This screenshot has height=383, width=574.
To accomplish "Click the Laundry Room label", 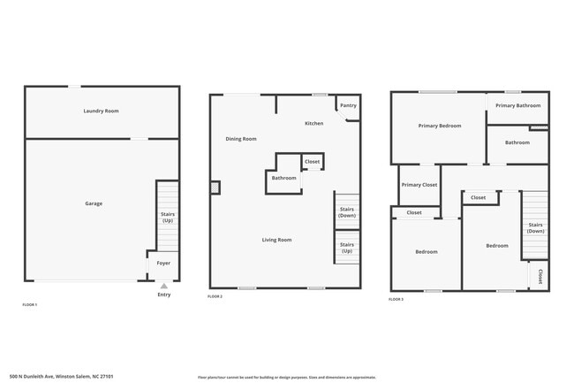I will (101, 111).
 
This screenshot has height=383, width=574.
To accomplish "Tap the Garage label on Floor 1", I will (94, 203).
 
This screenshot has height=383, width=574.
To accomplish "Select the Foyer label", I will (163, 263).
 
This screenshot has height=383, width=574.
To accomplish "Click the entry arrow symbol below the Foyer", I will (163, 285).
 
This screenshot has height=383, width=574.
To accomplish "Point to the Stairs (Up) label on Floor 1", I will (167, 217).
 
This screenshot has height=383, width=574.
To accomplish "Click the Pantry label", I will (348, 105).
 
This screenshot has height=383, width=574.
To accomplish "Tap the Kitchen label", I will (313, 123).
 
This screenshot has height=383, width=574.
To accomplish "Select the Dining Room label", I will (241, 139).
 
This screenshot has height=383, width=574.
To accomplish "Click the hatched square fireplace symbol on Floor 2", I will (215, 187).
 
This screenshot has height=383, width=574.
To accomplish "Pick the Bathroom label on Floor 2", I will (283, 178).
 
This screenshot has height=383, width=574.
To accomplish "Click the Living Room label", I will (276, 240).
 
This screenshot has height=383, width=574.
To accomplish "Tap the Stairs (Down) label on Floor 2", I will (347, 212).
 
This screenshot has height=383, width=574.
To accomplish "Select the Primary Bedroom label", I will (439, 126).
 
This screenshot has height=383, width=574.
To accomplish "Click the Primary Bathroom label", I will (517, 105).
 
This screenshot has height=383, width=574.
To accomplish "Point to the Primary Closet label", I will (419, 185).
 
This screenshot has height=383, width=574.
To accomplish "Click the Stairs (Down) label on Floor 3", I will (535, 227).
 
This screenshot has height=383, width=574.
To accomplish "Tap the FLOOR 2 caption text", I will (215, 296).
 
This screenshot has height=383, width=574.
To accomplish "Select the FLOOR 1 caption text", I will (30, 304).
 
